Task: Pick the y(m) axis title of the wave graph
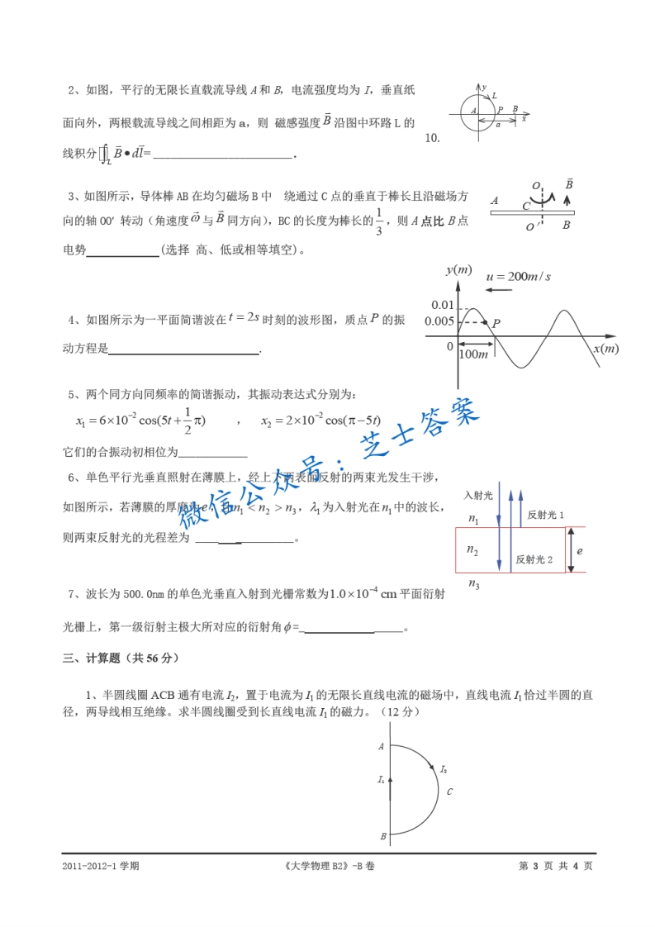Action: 458,270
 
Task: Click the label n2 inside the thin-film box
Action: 472,549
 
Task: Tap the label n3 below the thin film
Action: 473,585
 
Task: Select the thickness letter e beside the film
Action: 581,549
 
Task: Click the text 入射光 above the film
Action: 477,495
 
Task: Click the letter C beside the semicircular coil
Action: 449,792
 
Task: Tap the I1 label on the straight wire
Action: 382,778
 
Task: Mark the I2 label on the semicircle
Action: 444,769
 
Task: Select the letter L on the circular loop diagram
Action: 494,96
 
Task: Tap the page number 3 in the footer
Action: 535,866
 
